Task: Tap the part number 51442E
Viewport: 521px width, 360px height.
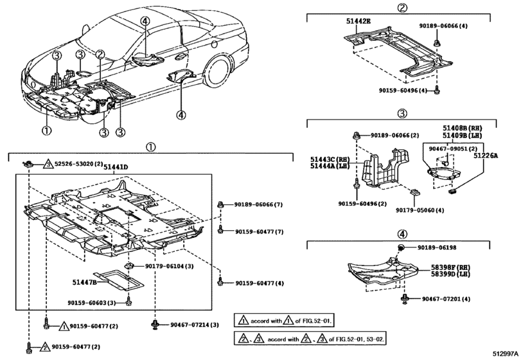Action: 358,21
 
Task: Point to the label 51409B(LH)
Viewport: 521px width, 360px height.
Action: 466,135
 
